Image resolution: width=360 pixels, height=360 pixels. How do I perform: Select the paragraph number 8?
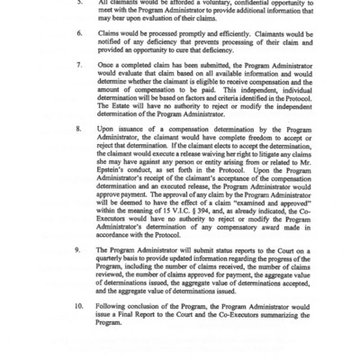[x=79, y=157]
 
